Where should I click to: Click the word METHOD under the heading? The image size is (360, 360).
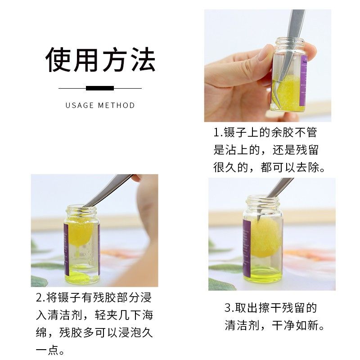click(116, 105)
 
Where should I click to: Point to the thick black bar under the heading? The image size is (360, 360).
click(100, 88)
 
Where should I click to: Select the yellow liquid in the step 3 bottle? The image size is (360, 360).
click(263, 275)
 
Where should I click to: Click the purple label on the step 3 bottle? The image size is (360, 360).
click(247, 248)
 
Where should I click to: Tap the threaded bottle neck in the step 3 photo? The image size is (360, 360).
click(263, 202)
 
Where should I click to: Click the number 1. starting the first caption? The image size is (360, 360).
click(218, 132)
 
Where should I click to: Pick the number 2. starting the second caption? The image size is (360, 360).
click(41, 297)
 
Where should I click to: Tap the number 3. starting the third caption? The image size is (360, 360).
click(229, 308)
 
